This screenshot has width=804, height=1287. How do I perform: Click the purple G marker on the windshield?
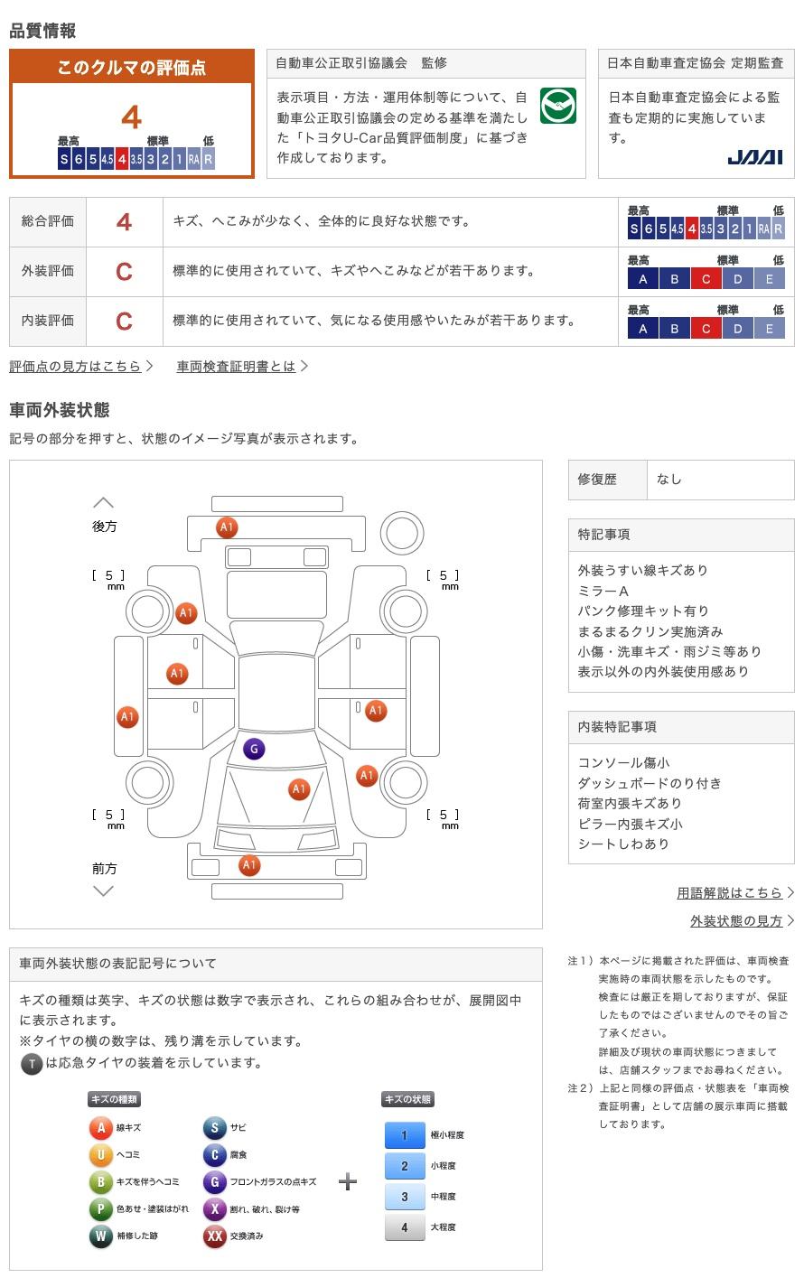(254, 749)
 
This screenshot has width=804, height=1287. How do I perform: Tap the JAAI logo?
(754, 157)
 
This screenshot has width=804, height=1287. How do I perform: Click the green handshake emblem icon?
(557, 106)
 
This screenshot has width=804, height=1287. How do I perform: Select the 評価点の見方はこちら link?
(76, 366)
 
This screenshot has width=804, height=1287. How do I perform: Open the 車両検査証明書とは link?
(237, 366)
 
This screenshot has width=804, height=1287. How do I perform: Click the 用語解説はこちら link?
(730, 892)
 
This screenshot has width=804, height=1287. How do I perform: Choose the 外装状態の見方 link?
(736, 920)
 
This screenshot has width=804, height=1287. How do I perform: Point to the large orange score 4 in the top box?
(131, 117)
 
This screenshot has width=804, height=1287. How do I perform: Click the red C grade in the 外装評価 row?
(124, 271)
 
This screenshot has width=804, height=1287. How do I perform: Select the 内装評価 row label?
(48, 321)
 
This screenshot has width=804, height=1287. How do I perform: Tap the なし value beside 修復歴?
(669, 480)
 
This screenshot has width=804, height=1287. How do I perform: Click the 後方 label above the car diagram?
(104, 526)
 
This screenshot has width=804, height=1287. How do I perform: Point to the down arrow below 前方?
(104, 891)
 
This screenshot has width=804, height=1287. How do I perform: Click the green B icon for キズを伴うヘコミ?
(100, 1182)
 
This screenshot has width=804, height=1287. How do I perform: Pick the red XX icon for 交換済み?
(214, 1236)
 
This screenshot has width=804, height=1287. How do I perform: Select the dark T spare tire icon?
(32, 1064)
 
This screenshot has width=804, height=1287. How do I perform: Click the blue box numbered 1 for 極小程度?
(405, 1135)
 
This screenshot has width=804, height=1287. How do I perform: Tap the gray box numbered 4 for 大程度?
(405, 1227)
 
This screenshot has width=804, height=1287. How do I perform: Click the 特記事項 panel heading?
(604, 535)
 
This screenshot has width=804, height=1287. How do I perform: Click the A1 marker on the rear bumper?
(227, 527)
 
